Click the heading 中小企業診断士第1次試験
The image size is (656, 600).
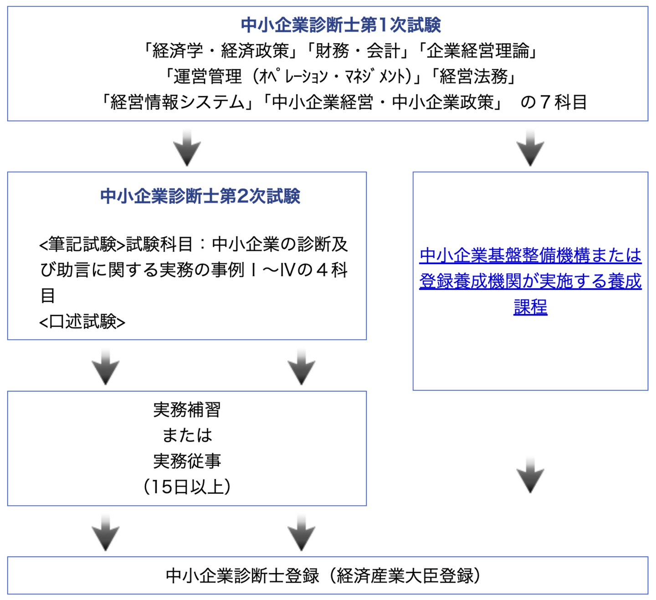(341, 25)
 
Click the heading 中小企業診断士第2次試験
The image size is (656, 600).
(200, 196)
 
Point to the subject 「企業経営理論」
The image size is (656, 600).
(479, 51)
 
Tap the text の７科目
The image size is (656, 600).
(553, 102)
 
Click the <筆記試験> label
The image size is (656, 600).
(82, 245)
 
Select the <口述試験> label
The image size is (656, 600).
(82, 322)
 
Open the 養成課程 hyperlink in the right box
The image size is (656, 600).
(530, 281)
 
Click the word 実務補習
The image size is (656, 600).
(187, 410)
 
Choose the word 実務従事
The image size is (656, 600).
(187, 461)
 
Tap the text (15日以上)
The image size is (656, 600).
(187, 487)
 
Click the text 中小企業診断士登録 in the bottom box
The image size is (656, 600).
(242, 576)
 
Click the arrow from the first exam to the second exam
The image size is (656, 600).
(187, 148)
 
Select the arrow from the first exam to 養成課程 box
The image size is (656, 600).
(530, 148)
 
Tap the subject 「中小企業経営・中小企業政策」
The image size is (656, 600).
(383, 102)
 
